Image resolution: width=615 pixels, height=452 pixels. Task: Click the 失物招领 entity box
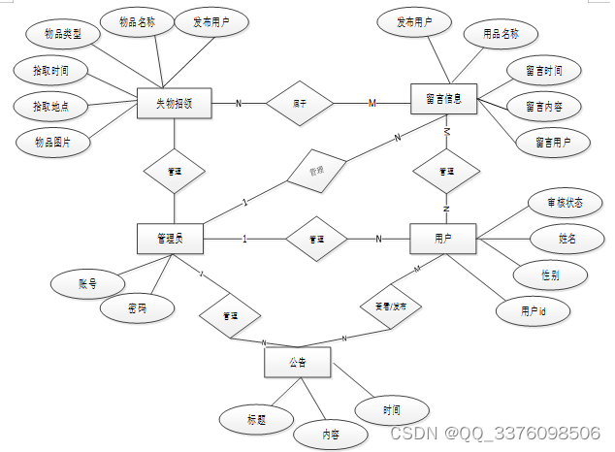coord(176,102)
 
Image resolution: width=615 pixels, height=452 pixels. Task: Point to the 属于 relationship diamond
coord(300,102)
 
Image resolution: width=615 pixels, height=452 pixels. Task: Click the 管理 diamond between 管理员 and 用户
coord(315,239)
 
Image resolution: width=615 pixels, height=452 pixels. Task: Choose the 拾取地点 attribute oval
coord(50,105)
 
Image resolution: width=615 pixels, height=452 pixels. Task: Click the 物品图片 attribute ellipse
coord(53,142)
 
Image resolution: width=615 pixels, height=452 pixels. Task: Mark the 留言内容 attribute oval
coord(545,107)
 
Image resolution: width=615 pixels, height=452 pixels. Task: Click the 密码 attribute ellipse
coord(137,308)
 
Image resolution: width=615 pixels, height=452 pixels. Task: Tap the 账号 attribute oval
coord(88,284)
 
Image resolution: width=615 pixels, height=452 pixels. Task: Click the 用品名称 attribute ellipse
coord(502,35)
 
